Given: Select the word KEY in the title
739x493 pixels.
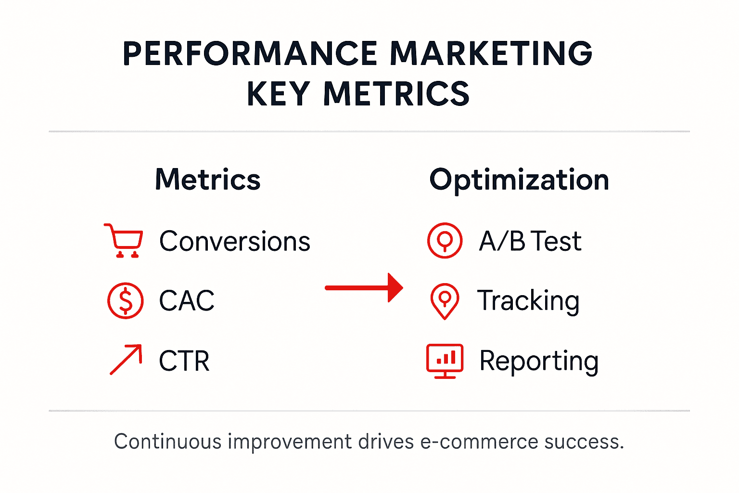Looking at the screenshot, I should pos(278,93).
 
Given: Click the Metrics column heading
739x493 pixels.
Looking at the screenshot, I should pos(207,180).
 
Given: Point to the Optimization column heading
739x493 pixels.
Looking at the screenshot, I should pos(519,180).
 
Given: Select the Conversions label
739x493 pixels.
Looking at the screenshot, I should pos(234,241).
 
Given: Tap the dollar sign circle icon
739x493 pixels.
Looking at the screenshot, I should pos(125,301).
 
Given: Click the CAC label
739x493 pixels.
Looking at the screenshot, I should pos(187,301).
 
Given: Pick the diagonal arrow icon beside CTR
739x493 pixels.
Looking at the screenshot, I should pos(126,359).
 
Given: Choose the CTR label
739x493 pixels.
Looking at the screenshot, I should pos(184,361).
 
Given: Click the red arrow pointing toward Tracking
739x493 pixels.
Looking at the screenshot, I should pos(364,288).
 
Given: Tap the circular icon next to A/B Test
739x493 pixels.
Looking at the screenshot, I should pos(445,240).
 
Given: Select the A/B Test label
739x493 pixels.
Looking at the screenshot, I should pos(530,241).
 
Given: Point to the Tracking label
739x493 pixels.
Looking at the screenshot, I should pos(528,301).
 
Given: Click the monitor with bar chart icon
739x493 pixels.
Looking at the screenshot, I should pos(445,361).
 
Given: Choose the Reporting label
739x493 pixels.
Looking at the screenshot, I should pos(539,361).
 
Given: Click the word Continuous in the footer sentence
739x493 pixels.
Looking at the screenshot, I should pos(168,442).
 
